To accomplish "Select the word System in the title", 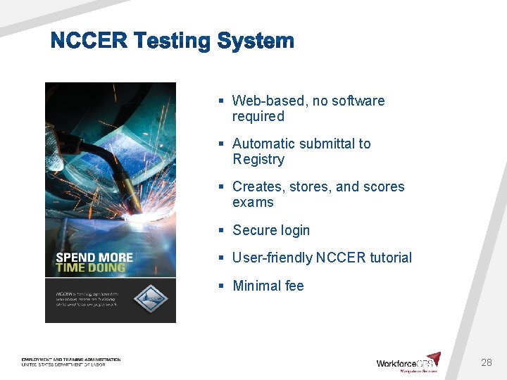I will [x=255, y=41].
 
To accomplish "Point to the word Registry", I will [x=258, y=159].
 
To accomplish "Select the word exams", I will [x=253, y=202].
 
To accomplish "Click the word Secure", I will [x=255, y=230].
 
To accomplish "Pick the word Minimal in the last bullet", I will [x=257, y=286].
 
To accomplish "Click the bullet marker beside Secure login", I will [x=221, y=230].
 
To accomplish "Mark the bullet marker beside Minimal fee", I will [x=221, y=286].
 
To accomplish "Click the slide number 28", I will [x=486, y=362].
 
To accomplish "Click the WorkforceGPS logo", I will [x=408, y=362].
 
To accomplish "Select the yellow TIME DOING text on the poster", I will [x=90, y=267].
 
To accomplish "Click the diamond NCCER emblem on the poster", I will [x=151, y=298].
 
